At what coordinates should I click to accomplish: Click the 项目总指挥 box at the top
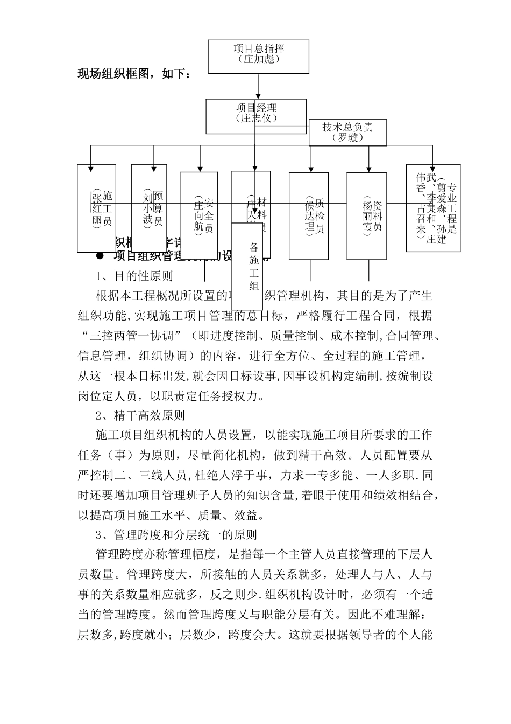click(259, 56)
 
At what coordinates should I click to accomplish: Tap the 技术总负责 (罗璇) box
click(347, 133)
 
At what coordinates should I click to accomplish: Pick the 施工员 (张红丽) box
click(97, 208)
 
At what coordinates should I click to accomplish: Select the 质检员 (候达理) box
click(309, 215)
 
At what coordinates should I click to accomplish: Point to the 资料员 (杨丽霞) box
click(366, 215)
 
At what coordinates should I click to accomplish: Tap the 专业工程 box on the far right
click(433, 208)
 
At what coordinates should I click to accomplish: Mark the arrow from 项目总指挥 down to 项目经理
click(259, 86)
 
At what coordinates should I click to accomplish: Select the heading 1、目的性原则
click(134, 276)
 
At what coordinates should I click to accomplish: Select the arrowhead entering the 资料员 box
click(368, 168)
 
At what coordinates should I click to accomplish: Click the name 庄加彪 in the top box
click(259, 59)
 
